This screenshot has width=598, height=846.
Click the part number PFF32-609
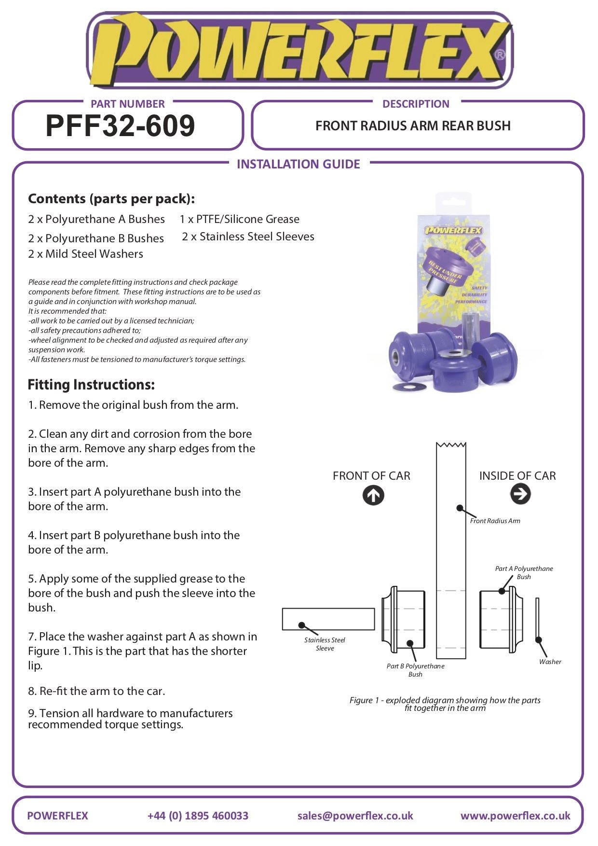pyautogui.click(x=120, y=126)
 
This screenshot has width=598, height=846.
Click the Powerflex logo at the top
pyautogui.click(x=299, y=51)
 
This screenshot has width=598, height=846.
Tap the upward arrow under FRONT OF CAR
pyautogui.click(x=373, y=495)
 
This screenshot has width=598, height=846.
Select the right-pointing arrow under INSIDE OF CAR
pyautogui.click(x=520, y=494)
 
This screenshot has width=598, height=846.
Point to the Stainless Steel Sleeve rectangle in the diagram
pyautogui.click(x=328, y=619)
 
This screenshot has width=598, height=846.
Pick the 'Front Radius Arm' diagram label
pyautogui.click(x=495, y=521)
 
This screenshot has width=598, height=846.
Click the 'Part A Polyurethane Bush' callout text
pyautogui.click(x=524, y=572)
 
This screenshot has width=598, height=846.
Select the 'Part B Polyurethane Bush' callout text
pyautogui.click(x=415, y=670)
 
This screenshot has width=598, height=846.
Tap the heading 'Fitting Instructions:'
pyautogui.click(x=91, y=385)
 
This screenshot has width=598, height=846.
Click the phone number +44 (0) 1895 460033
pyautogui.click(x=198, y=816)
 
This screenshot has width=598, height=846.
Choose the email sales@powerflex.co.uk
pyautogui.click(x=355, y=816)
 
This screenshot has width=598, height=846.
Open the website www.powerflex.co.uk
pyautogui.click(x=515, y=816)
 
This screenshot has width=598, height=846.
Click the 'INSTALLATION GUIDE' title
pyautogui.click(x=298, y=164)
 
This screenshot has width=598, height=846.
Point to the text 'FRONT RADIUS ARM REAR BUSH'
pyautogui.click(x=413, y=126)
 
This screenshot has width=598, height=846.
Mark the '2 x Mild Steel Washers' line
pyautogui.click(x=85, y=254)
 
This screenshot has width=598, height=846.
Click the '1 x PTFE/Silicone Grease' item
pyautogui.click(x=239, y=219)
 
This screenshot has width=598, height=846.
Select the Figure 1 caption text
pyautogui.click(x=445, y=704)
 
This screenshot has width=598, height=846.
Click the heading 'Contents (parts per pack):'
pyautogui.click(x=111, y=199)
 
